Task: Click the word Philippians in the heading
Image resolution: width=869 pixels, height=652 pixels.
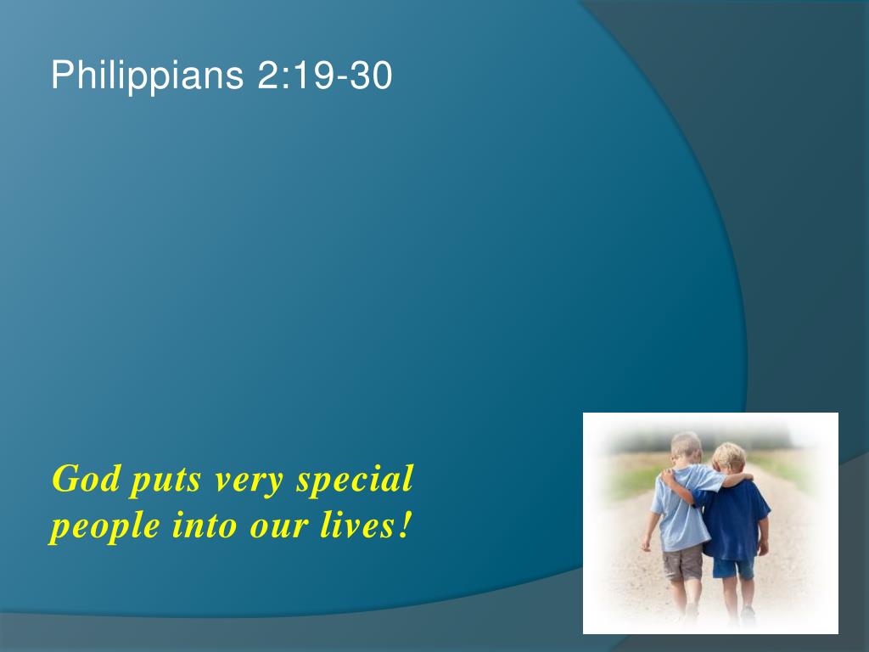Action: click(x=148, y=76)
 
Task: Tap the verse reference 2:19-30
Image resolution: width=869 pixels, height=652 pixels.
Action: click(x=325, y=75)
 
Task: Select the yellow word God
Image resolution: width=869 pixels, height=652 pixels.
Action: click(x=87, y=479)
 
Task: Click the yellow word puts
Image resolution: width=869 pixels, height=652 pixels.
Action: click(x=165, y=481)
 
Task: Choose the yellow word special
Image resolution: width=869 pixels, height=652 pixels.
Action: click(x=356, y=480)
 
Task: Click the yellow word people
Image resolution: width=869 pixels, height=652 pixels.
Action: click(x=105, y=526)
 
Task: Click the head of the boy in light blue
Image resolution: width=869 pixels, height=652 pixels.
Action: click(x=686, y=448)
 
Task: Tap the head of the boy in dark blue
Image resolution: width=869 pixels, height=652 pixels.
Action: click(x=728, y=458)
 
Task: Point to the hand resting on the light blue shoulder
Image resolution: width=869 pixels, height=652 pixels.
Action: click(x=669, y=475)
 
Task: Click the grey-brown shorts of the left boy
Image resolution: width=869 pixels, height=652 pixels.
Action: click(x=683, y=563)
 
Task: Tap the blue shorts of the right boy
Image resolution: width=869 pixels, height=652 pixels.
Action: click(x=732, y=569)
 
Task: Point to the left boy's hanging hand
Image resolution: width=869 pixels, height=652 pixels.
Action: click(x=646, y=544)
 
